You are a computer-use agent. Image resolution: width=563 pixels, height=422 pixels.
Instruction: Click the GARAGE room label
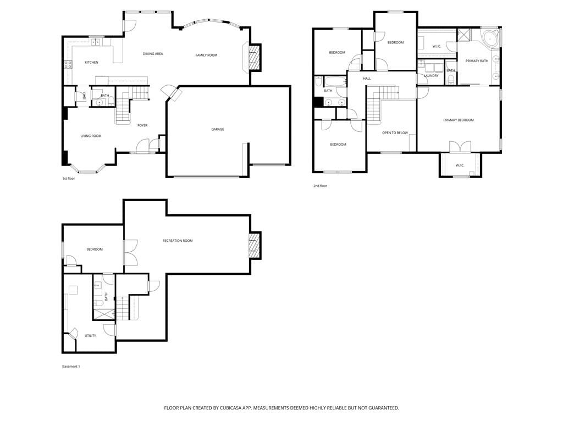tap(218, 129)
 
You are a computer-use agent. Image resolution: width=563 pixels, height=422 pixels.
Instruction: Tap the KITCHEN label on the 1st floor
tap(91, 63)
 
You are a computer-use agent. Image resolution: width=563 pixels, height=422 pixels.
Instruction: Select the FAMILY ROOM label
tap(207, 55)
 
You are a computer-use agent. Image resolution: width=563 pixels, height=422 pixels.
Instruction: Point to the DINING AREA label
tap(153, 54)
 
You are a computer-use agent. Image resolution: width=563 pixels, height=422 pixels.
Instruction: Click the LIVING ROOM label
tap(91, 136)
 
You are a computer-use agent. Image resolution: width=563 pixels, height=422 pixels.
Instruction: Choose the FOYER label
tap(142, 125)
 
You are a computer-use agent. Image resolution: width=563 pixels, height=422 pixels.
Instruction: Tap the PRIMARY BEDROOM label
tap(459, 120)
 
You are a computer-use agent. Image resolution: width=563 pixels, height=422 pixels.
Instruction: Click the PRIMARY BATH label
tap(477, 61)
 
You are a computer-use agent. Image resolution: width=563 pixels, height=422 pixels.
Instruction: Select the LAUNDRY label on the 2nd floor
tap(431, 76)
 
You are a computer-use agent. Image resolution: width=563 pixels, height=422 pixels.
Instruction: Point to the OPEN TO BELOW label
tap(395, 133)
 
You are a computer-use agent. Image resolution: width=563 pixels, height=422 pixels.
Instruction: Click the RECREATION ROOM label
tap(178, 241)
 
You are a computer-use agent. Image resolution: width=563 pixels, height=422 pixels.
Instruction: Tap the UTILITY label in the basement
tap(90, 336)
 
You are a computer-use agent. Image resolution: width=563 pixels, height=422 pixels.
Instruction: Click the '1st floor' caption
tap(69, 179)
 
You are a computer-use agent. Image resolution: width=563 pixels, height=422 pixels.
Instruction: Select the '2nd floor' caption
tap(321, 186)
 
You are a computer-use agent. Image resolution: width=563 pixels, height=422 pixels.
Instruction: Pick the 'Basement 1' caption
tap(71, 367)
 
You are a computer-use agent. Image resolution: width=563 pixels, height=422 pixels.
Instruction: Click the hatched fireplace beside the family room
tap(255, 57)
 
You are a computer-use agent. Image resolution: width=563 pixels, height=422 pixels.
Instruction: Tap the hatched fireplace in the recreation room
tap(255, 246)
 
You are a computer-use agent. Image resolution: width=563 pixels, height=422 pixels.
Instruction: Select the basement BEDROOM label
tap(95, 249)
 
